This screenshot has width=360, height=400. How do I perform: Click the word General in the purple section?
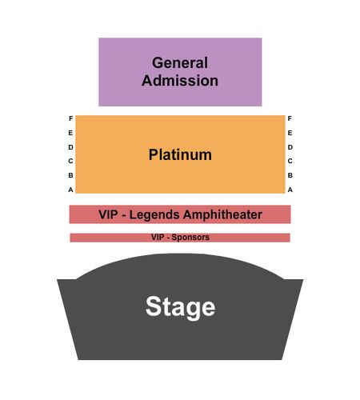click(x=180, y=63)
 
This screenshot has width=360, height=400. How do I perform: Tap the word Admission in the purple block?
click(x=180, y=81)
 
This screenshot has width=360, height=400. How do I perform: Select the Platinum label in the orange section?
click(x=180, y=154)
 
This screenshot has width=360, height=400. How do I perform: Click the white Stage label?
click(x=180, y=307)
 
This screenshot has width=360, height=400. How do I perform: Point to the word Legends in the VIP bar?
click(x=154, y=215)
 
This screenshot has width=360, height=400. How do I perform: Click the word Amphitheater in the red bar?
click(x=223, y=214)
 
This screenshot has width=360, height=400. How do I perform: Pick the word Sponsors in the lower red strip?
click(x=190, y=238)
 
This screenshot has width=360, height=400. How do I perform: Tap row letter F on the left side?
click(x=71, y=118)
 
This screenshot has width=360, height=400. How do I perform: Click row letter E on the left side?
click(x=70, y=133)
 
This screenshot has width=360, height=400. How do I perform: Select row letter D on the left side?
click(x=70, y=147)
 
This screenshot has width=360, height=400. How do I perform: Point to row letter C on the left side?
click(x=70, y=161)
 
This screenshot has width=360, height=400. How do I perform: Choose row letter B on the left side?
click(x=70, y=175)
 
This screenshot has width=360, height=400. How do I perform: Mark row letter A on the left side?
click(x=70, y=190)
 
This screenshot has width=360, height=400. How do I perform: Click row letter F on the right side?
click(x=290, y=118)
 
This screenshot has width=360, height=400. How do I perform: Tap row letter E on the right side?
click(x=290, y=133)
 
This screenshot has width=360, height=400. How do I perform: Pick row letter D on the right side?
click(x=290, y=147)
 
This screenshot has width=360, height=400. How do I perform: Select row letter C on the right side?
click(x=290, y=161)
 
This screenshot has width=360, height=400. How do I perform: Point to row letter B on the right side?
click(x=290, y=175)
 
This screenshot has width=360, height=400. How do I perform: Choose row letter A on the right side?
click(x=290, y=190)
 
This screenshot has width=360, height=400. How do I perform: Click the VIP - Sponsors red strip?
click(x=180, y=238)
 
